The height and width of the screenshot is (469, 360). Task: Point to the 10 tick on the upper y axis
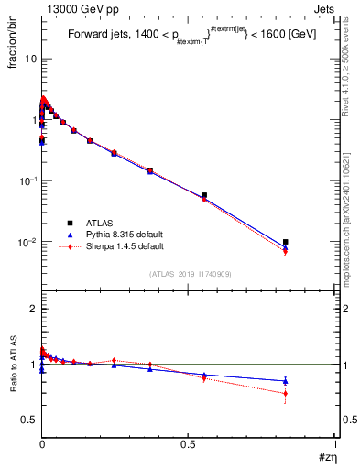coord(30,59)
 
